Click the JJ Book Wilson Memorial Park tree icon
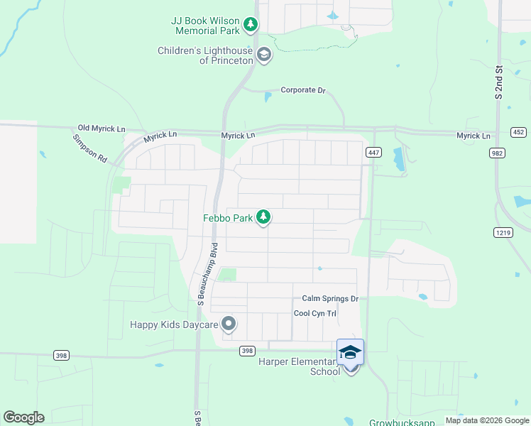click(x=251, y=26)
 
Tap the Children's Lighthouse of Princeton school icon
click(x=264, y=55)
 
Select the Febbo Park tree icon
click(x=263, y=217)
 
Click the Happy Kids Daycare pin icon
click(x=229, y=324)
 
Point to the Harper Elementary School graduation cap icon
click(x=350, y=352)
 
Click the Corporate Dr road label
click(x=302, y=90)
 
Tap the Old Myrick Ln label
click(x=102, y=129)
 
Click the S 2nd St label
click(x=499, y=82)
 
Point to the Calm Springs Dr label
click(x=330, y=299)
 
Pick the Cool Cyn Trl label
click(x=314, y=313)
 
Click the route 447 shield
click(x=373, y=153)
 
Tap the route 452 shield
click(x=518, y=133)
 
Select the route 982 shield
click(x=496, y=153)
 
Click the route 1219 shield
click(x=502, y=232)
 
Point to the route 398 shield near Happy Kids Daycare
click(x=247, y=351)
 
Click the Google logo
click(x=23, y=417)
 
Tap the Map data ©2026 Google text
click(x=486, y=420)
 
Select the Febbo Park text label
click(x=227, y=219)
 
